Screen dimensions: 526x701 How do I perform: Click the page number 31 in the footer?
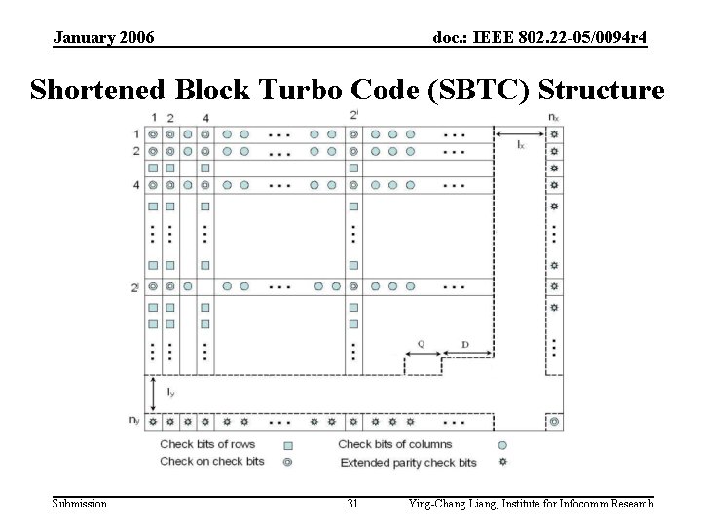coord(352,504)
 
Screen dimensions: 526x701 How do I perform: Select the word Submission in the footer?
coord(80,504)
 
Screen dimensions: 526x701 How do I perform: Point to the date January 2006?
coord(103,38)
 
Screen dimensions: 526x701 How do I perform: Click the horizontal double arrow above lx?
coord(521,133)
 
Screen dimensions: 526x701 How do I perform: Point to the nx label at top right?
coord(553,118)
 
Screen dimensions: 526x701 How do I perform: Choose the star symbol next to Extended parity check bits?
coord(502,462)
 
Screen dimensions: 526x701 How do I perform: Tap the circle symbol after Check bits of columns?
coord(502,445)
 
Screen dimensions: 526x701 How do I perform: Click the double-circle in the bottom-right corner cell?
coord(553,423)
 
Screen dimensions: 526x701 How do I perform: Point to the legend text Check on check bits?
coord(212,462)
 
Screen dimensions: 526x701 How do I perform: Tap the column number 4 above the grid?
coord(205,119)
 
